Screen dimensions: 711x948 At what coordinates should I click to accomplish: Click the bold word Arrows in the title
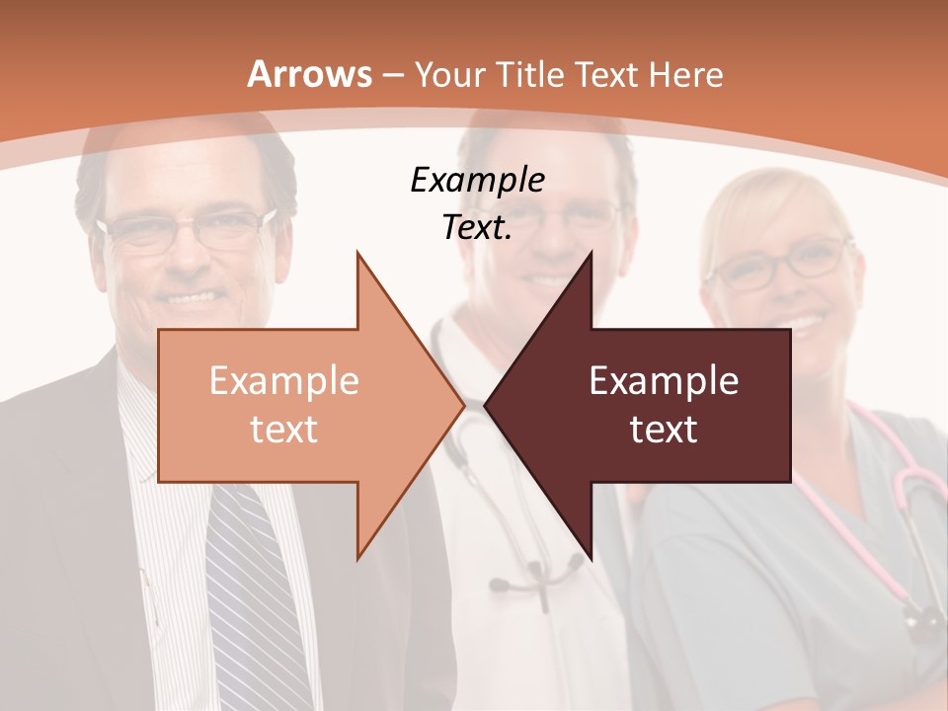(309, 74)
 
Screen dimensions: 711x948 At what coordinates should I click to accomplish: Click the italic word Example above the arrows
(477, 180)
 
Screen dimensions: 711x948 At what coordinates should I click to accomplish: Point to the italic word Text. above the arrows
(477, 227)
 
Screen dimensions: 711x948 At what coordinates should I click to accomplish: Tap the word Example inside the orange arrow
(284, 381)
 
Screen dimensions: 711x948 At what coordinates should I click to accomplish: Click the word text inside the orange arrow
(284, 429)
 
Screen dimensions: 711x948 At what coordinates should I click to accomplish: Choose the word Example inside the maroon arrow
(664, 381)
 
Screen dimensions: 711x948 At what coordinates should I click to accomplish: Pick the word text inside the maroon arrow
(664, 429)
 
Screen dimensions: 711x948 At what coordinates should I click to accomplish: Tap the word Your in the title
(449, 74)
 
